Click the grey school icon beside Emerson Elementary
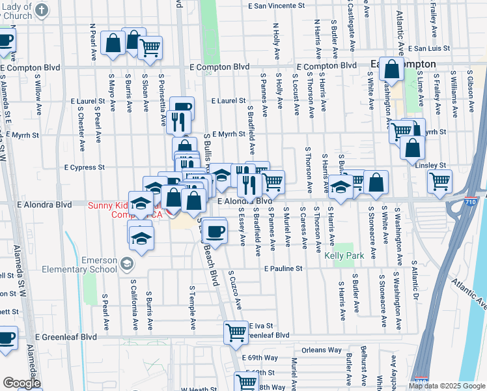click(127, 263)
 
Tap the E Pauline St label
click(283, 268)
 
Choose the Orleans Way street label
click(322, 350)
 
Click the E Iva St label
click(258, 326)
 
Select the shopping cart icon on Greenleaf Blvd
click(236, 332)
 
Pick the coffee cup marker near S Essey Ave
click(215, 230)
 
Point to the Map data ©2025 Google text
click(447, 386)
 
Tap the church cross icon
click(42, 9)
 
